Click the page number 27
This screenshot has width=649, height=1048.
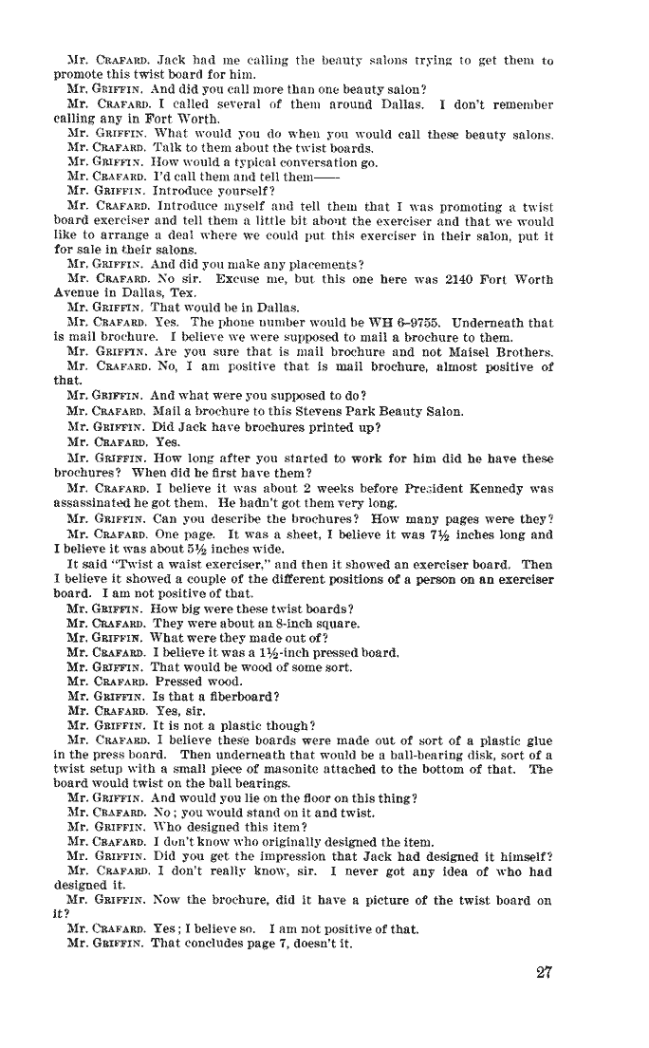(543, 972)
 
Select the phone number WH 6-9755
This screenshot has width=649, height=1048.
(361, 322)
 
